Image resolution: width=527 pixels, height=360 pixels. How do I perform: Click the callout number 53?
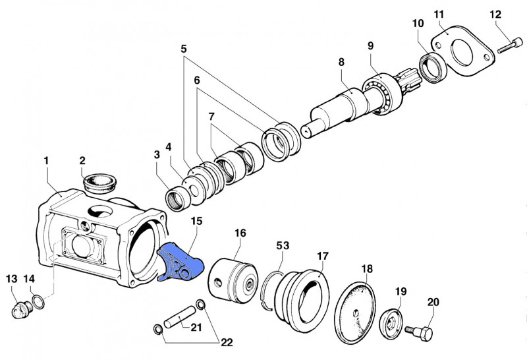(283, 246)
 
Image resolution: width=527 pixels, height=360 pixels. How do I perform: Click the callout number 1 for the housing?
(46, 160)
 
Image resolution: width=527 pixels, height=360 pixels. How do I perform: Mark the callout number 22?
(227, 342)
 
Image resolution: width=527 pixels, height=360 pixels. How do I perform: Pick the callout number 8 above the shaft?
(341, 62)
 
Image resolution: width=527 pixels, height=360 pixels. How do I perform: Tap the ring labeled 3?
(176, 196)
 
